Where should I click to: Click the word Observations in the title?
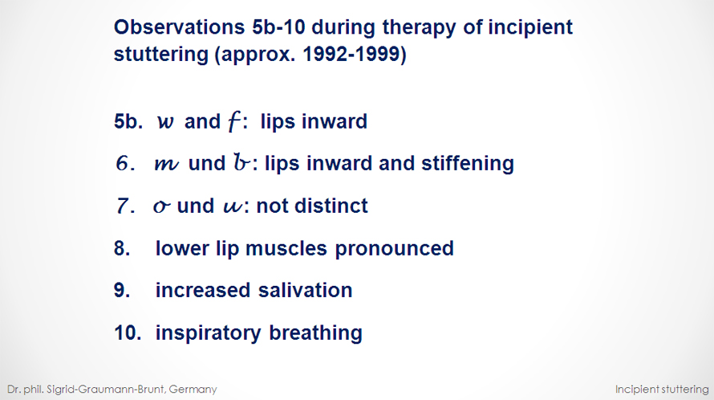tap(179, 27)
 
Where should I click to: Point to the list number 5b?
tap(128, 121)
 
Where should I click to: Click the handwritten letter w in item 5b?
tap(165, 122)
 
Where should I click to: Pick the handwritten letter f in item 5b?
tap(233, 122)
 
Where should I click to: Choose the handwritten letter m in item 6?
tap(166, 164)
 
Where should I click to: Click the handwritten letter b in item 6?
tap(241, 162)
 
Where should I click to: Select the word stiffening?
tap(467, 164)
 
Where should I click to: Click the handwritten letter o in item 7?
tap(161, 207)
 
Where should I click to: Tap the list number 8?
tap(122, 248)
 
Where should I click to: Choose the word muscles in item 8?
tap(286, 248)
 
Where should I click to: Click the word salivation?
tap(305, 291)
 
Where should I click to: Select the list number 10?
tap(128, 333)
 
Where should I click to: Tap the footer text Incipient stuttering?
tap(662, 390)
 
